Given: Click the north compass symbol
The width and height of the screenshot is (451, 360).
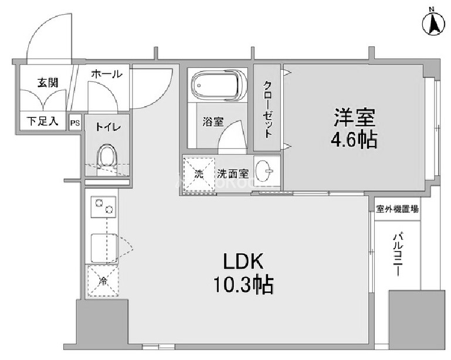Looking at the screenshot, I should coord(432,22).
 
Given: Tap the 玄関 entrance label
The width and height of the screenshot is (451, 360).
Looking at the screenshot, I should coord(48,83).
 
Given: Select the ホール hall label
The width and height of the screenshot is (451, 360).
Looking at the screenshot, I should coord(107,74).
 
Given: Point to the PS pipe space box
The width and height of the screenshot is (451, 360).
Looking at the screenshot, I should coord(74,123).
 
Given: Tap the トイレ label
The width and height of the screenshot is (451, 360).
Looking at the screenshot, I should coord(106,125).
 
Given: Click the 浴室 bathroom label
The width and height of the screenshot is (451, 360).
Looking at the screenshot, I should coord(213,122).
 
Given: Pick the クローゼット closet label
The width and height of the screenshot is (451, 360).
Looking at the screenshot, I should coord(268,108).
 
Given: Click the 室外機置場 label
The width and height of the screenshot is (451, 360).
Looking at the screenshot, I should coord(398,209).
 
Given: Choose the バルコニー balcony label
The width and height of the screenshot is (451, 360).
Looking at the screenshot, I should coord(398,256).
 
